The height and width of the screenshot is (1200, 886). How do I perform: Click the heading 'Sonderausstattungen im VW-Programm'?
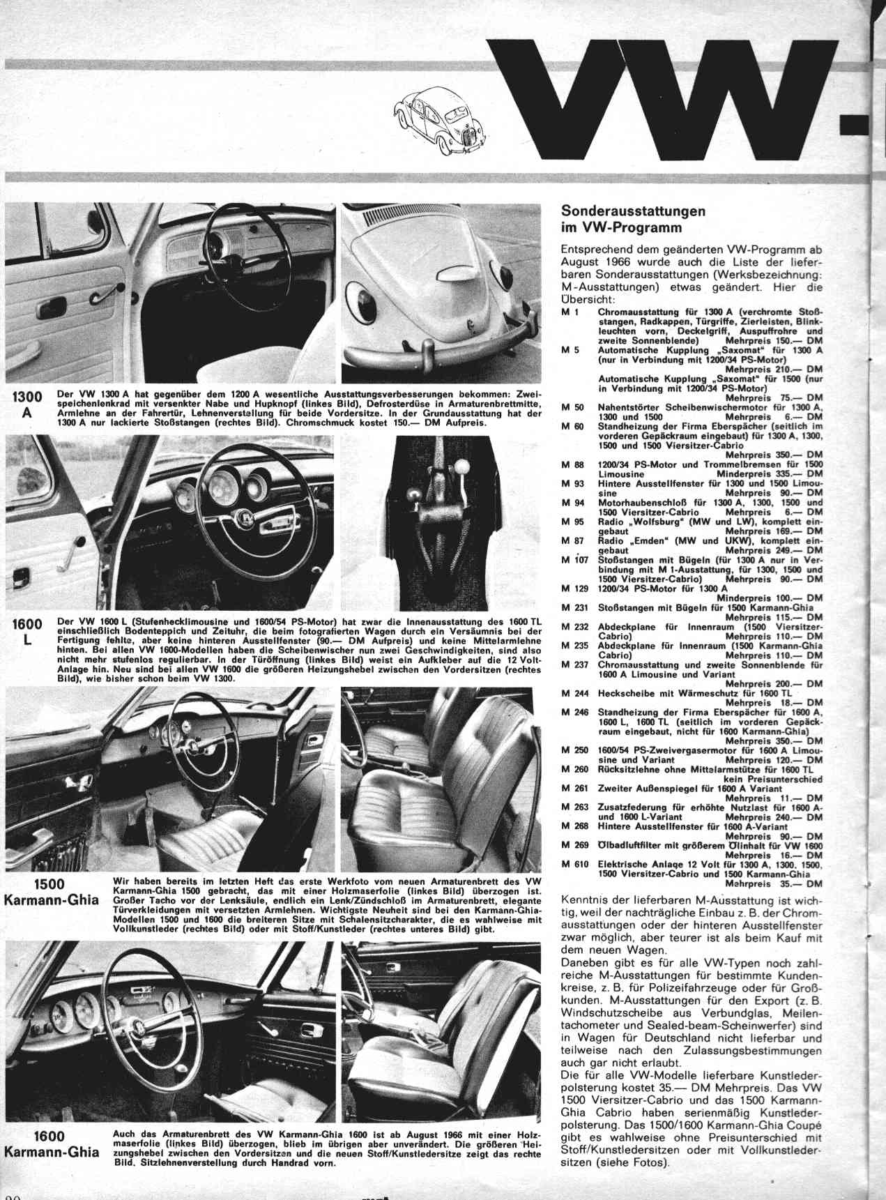pyautogui.click(x=633, y=219)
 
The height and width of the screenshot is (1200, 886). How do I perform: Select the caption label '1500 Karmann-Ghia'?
pyautogui.click(x=50, y=893)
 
